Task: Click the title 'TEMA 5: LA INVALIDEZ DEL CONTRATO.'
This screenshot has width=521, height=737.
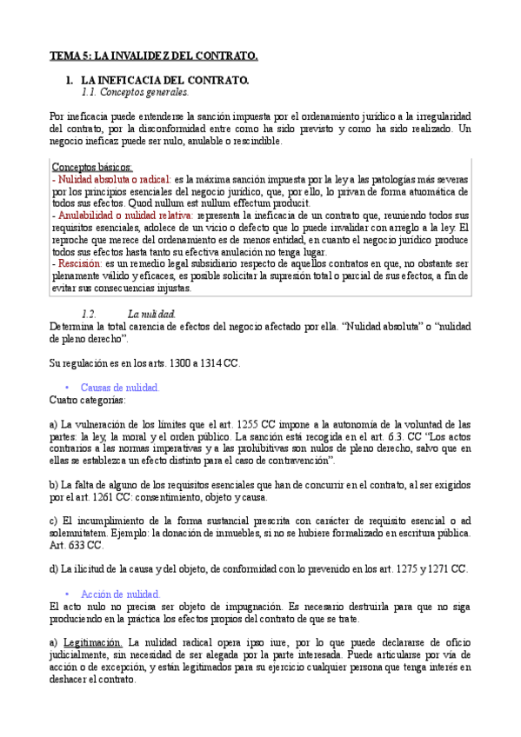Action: [x=154, y=56]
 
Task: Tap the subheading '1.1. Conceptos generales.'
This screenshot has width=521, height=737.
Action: [x=134, y=91]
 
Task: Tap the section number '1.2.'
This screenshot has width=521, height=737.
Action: [x=88, y=313]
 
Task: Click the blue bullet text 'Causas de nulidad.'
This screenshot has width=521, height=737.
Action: [x=120, y=388]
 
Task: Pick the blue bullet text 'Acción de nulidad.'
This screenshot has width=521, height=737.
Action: [x=120, y=594]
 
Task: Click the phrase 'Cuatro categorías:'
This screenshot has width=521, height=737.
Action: [x=87, y=400]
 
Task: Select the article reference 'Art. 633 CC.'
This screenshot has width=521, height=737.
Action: [x=77, y=545]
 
